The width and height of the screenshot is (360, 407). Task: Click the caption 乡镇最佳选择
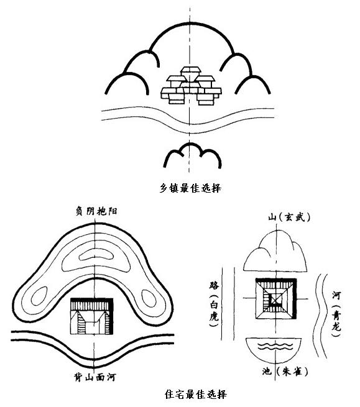pyautogui.click(x=190, y=188)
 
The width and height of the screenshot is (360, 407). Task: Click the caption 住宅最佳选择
pyautogui.click(x=196, y=394)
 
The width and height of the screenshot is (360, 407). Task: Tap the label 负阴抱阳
pyautogui.click(x=96, y=211)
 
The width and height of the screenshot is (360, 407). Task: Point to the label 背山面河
pyautogui.click(x=95, y=377)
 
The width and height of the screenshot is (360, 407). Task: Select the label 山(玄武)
pyautogui.click(x=289, y=217)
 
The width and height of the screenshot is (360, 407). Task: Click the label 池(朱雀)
pyautogui.click(x=285, y=372)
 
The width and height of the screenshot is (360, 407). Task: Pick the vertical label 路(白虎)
pyautogui.click(x=214, y=304)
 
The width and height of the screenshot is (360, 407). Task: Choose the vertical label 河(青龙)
pyautogui.click(x=336, y=314)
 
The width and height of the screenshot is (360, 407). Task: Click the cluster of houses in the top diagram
pyautogui.click(x=191, y=86)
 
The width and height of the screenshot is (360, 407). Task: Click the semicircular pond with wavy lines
pyautogui.click(x=274, y=350)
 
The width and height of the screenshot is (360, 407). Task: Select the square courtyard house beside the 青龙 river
pyautogui.click(x=276, y=299)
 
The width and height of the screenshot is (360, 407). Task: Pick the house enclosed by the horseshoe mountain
pyautogui.click(x=92, y=316)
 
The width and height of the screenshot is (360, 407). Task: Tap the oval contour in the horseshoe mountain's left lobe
pyautogui.click(x=39, y=296)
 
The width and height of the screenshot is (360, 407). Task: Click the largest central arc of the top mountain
pyautogui.click(x=191, y=24)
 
